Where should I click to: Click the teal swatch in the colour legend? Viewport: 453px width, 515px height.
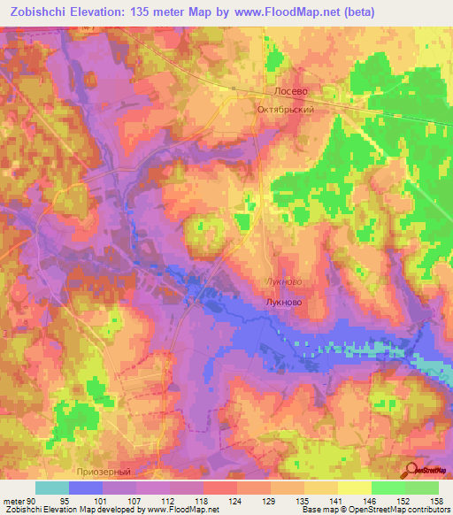(x=52, y=488)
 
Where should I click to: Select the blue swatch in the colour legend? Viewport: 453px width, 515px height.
(x=86, y=488)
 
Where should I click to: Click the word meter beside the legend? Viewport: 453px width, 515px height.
(x=12, y=500)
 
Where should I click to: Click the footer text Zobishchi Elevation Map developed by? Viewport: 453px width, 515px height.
(x=67, y=511)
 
